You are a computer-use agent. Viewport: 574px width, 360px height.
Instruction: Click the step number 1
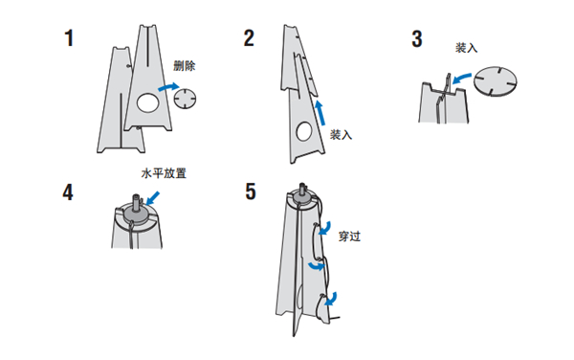point(69,38)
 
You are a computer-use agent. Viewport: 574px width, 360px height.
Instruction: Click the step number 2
point(249,38)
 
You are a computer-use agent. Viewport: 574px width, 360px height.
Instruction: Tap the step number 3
point(417,39)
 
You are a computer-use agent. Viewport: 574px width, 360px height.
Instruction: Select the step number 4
point(68,191)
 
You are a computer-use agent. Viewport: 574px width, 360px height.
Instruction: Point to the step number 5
point(251,191)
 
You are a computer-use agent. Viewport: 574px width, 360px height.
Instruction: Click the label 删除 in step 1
point(184,66)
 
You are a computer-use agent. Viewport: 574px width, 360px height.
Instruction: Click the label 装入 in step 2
point(341,135)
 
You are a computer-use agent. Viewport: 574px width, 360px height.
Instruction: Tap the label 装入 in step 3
point(466,48)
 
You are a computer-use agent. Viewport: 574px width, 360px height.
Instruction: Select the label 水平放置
point(164,173)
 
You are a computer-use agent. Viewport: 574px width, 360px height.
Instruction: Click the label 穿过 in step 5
point(349,236)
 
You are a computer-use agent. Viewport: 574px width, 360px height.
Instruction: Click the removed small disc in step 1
point(185,99)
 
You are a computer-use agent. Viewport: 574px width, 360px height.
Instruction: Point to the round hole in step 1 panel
point(148,102)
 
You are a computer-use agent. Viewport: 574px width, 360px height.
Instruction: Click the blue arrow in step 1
point(169,87)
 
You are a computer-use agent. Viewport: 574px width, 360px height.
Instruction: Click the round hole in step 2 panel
point(304,131)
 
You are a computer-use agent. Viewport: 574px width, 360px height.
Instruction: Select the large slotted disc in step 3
point(496,81)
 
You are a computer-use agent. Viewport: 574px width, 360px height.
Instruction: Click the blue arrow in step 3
point(461,78)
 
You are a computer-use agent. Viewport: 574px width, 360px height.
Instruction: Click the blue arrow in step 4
point(153,198)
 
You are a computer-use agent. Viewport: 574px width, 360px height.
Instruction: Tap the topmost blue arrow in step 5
point(324,228)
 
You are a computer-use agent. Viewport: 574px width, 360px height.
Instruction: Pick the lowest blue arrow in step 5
point(331,299)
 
